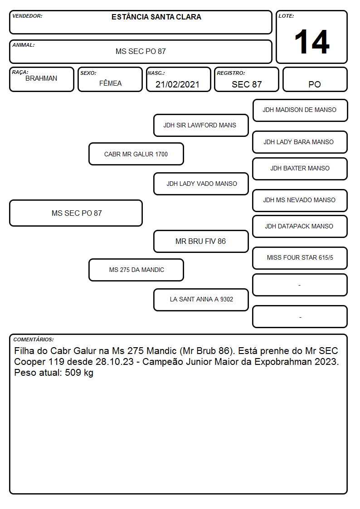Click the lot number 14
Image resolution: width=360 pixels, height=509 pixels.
[x=312, y=42]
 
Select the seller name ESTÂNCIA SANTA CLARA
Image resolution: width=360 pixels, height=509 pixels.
[x=156, y=17]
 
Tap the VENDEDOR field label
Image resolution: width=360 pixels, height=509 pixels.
[x=27, y=16]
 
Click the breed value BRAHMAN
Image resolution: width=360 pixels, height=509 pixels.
[x=41, y=78]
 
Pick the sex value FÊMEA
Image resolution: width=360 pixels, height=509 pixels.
[x=110, y=83]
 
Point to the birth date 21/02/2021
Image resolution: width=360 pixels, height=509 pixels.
[x=177, y=84]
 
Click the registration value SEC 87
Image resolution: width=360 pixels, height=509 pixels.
[x=247, y=84]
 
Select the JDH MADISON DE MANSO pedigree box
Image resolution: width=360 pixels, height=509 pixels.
[x=300, y=111]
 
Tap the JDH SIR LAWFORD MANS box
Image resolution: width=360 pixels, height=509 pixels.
[x=201, y=125]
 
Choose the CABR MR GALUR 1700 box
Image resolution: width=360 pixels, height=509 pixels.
[x=136, y=154]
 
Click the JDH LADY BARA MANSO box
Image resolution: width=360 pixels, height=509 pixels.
[x=300, y=142]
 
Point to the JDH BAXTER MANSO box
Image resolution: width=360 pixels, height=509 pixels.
[x=300, y=169]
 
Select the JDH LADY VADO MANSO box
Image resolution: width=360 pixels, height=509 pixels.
[x=201, y=184]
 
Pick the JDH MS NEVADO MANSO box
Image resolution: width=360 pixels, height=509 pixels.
[x=300, y=200]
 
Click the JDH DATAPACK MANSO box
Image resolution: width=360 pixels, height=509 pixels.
[x=300, y=227]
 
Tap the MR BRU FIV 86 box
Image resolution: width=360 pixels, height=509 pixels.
[x=201, y=242]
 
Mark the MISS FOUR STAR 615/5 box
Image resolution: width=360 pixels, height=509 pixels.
[x=300, y=258]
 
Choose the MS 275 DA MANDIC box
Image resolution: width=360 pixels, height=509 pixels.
[x=136, y=270]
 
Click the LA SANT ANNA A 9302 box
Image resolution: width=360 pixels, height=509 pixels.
[x=201, y=300]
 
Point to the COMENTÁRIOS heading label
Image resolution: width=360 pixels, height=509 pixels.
[x=34, y=339]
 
